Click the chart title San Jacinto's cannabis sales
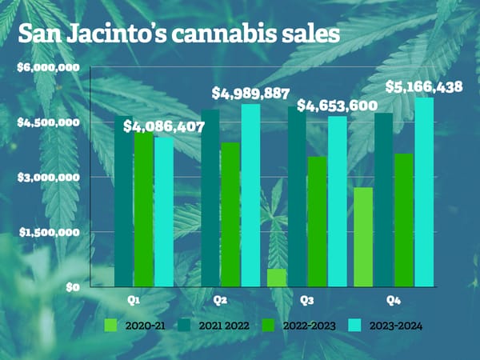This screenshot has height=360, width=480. (179, 34)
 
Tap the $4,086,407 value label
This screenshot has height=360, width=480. (164, 126)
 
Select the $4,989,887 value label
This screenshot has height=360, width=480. (250, 93)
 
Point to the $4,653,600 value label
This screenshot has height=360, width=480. (338, 105)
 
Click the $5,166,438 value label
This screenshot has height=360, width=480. (423, 86)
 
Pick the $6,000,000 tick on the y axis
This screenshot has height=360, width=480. (48, 67)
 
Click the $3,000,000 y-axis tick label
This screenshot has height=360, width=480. (48, 177)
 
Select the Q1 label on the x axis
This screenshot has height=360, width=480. (135, 300)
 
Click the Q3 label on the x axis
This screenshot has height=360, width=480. (306, 300)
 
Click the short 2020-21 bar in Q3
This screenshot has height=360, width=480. (278, 278)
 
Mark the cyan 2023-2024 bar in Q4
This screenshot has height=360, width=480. (424, 192)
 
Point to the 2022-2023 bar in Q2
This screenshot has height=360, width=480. (230, 214)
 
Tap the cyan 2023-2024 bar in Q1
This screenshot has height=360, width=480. (164, 212)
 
